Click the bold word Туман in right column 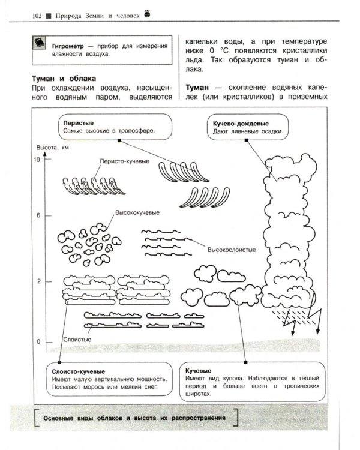pyautogui.click(x=200, y=85)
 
